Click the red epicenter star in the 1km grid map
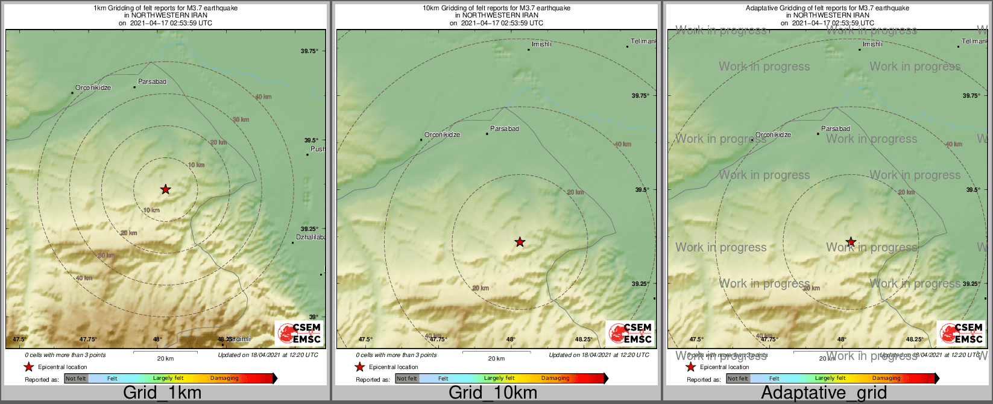165,189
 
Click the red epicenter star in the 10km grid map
520,242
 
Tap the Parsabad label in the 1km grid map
152,81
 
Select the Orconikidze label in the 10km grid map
442,134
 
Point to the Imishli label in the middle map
541,44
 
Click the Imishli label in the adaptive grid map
872,44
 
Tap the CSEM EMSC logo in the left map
299,333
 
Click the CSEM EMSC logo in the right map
961,333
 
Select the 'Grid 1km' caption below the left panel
162,393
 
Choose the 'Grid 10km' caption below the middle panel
493,393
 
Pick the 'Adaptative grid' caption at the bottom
824,393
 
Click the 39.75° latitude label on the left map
309,51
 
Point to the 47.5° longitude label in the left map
20,339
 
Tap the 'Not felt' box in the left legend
76,379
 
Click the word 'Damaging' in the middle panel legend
555,379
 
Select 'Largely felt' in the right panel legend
830,379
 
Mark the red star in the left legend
28,367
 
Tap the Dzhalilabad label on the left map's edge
311,237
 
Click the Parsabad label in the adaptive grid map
836,128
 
